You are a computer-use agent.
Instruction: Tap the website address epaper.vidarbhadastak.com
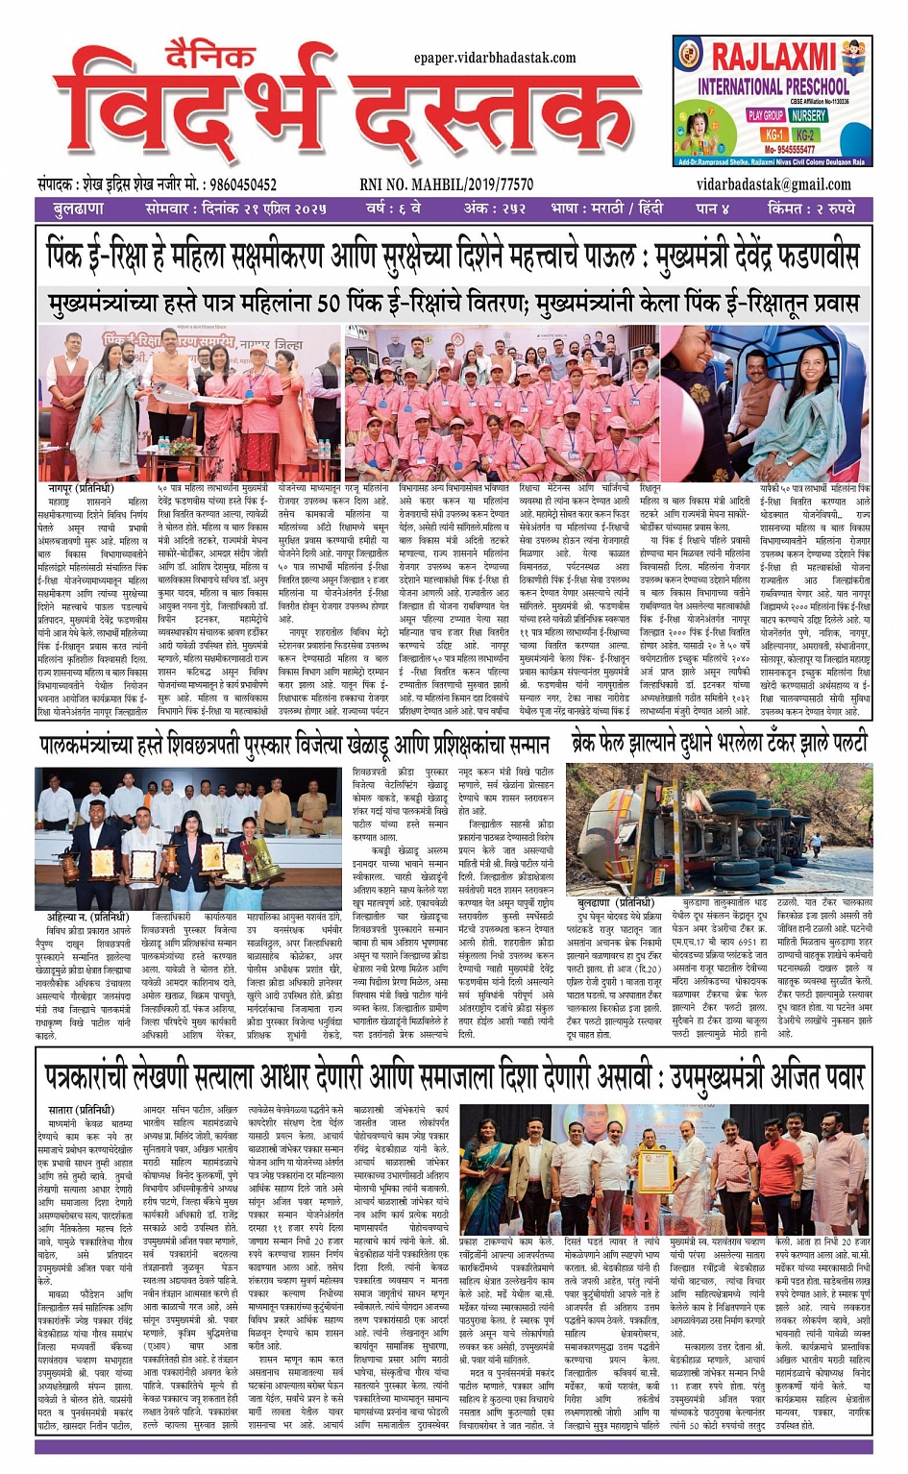[495, 58]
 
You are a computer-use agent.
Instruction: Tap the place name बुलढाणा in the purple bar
[79, 209]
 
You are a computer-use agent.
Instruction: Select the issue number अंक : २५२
[495, 209]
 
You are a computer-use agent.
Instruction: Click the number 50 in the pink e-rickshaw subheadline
[329, 304]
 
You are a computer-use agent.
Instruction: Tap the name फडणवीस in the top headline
[815, 256]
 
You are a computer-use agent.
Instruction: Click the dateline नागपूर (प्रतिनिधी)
[81, 489]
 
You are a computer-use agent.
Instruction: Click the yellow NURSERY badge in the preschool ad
[808, 115]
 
